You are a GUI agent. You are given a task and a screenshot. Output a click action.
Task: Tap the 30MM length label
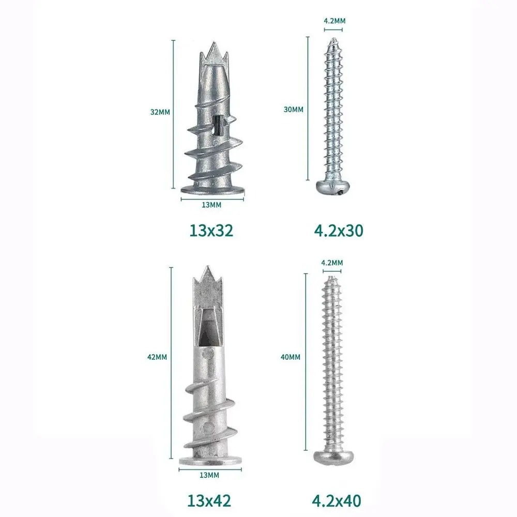(x=293, y=109)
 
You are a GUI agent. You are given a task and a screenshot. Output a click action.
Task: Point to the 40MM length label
(x=291, y=357)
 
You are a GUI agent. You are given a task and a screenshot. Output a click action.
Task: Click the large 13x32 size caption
(x=211, y=231)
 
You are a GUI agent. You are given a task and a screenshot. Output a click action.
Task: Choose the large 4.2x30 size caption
(x=339, y=231)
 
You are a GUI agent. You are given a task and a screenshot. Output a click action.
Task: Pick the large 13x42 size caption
(x=209, y=500)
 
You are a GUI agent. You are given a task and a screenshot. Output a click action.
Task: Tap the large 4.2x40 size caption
(x=337, y=500)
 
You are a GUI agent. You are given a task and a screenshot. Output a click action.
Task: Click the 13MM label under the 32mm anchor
(x=211, y=205)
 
